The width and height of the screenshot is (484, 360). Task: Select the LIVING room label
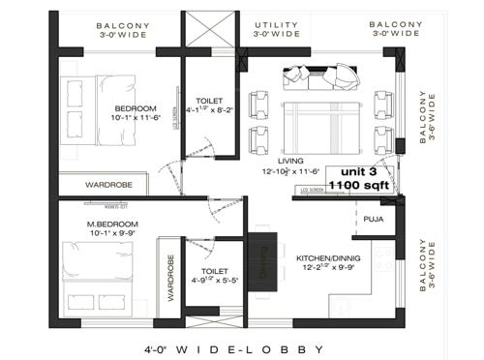tap(290, 161)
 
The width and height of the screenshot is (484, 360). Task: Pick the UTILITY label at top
tap(277, 23)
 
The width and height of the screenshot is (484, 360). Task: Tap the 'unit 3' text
tap(358, 169)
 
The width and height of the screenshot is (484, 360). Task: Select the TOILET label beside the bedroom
tap(209, 100)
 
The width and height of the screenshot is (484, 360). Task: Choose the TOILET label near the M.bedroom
tap(214, 272)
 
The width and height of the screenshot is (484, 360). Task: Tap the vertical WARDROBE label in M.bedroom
tap(170, 280)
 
